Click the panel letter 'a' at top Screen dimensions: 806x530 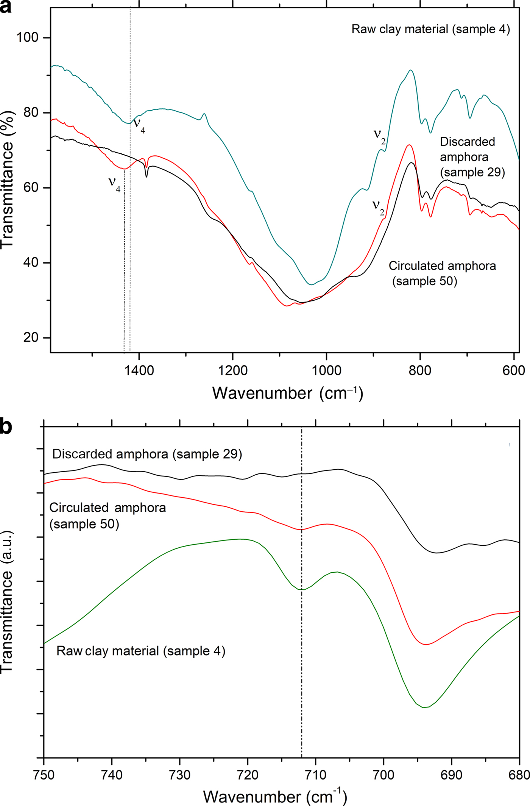pos(5,7)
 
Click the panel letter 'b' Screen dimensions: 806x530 pos(6,426)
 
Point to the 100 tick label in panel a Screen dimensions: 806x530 pos(27,37)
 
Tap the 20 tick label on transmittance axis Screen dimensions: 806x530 pos(31,337)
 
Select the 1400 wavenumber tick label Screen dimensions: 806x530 pos(139,370)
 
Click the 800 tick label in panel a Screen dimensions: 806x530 pos(420,370)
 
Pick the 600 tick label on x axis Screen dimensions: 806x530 pos(513,370)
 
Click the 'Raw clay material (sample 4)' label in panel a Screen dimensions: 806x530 pos(430,29)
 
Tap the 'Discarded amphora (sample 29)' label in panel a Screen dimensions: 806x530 pos(472,157)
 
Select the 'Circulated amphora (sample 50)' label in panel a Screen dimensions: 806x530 pos(442,273)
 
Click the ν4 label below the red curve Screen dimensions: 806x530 pos(114,183)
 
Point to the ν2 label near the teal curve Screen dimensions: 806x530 pos(379,135)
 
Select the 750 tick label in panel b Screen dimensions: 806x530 pos(44,775)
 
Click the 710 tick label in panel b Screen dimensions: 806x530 pos(315,775)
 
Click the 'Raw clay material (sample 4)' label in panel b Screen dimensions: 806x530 pos(141,651)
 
